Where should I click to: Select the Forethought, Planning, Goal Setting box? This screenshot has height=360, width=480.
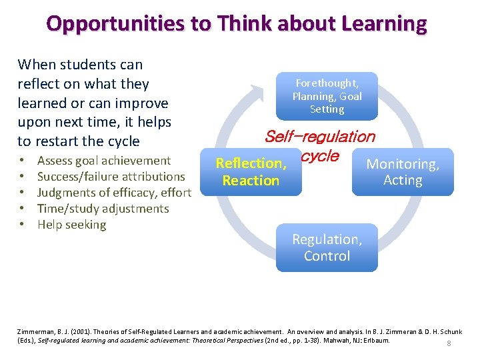point(327,96)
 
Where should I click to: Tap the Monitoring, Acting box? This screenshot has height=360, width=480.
point(403,172)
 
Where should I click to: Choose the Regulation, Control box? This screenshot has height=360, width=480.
point(327,247)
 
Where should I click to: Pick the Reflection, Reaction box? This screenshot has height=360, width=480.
point(251,172)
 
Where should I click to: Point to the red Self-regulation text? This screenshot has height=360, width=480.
point(319,137)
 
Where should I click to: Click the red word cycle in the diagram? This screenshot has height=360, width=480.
point(320,157)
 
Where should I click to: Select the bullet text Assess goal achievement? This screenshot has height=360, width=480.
point(104,161)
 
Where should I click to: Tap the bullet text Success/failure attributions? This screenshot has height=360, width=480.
point(111,177)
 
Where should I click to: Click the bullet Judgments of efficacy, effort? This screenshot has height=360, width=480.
point(114,193)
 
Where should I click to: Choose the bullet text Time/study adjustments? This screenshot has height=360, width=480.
point(103,209)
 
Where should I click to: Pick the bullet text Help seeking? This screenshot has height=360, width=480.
point(71,225)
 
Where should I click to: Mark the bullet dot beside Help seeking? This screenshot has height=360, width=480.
point(23,225)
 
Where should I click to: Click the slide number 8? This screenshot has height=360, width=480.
point(449,343)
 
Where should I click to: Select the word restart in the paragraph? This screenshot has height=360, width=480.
point(56,141)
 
